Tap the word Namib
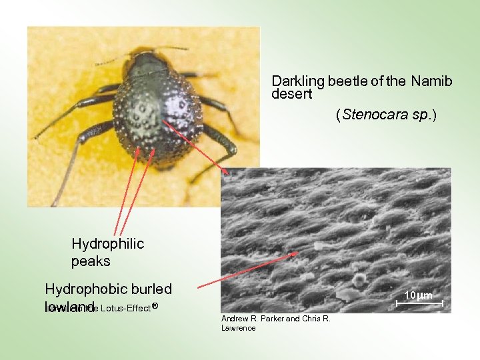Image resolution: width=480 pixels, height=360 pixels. [x=431, y=82]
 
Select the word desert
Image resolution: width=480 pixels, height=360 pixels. [x=291, y=94]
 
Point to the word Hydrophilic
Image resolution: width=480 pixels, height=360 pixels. [x=107, y=244]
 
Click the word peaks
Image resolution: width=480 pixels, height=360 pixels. [x=91, y=261]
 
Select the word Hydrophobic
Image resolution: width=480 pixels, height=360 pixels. [x=84, y=289]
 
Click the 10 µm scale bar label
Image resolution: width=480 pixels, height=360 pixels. [x=419, y=295]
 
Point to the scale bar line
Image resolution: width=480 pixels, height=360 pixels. [x=419, y=303]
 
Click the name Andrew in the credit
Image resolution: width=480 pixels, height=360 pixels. [x=234, y=319]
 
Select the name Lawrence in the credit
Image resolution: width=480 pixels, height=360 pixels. [x=238, y=327]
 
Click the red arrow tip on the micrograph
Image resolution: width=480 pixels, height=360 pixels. [x=297, y=253]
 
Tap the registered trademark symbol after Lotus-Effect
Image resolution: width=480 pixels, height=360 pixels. [x=154, y=305]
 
